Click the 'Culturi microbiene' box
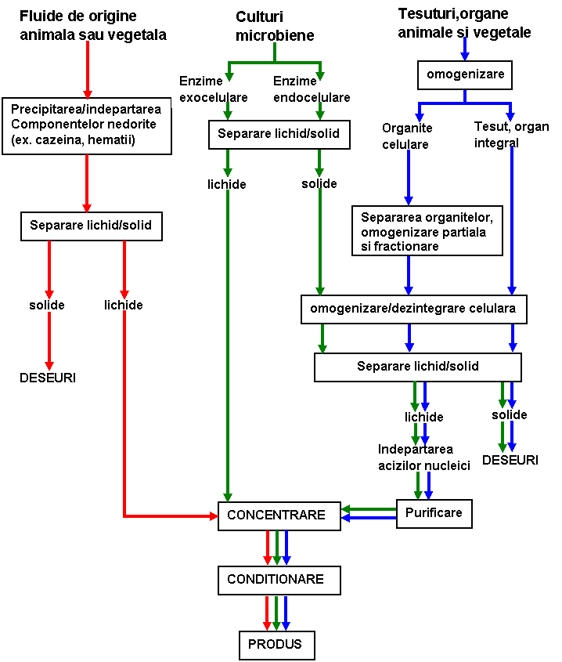coord(275,26)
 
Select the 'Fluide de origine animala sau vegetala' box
coord(93,26)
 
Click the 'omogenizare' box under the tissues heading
coord(465,75)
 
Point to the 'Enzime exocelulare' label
coord(213,89)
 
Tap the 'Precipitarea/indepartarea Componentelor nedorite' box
coord(86,125)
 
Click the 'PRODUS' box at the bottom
coord(270,645)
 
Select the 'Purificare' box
coord(434,514)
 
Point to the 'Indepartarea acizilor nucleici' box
coord(424,458)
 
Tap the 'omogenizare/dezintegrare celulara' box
coord(412,309)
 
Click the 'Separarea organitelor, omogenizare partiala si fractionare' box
coord(427,231)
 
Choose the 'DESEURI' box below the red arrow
coord(48,378)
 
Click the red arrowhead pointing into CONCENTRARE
coord(213,515)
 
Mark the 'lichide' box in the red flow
coord(124,306)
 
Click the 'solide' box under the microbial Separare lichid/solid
coord(319,184)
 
